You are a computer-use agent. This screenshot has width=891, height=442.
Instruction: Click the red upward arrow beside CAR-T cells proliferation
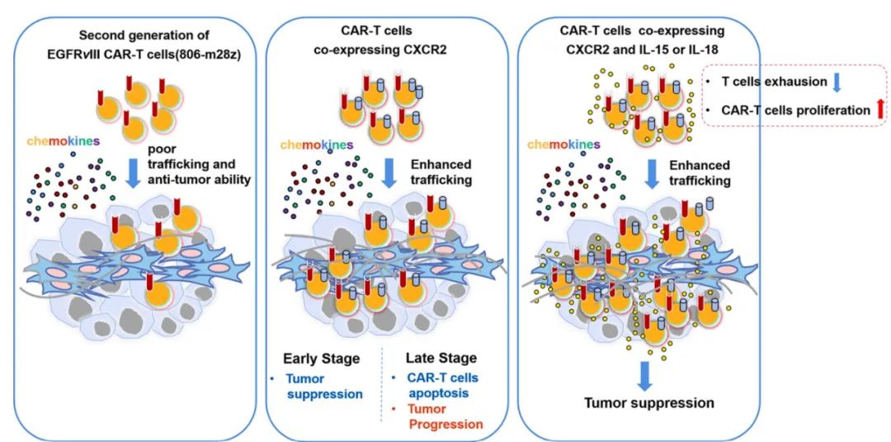(x=878, y=108)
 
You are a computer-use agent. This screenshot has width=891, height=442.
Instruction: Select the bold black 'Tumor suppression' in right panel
(x=649, y=403)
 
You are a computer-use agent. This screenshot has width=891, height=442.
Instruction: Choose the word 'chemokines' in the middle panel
(x=318, y=145)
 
